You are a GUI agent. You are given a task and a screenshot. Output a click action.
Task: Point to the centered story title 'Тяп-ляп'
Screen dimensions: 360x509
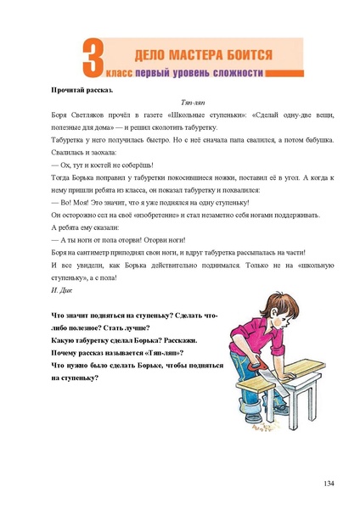click(179, 101)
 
